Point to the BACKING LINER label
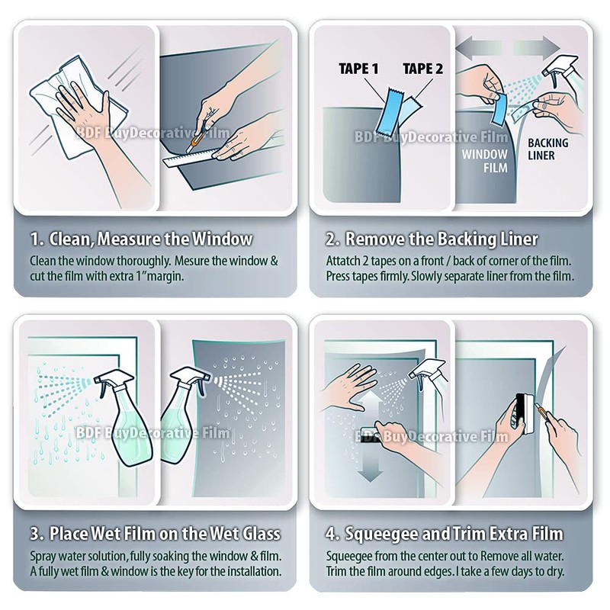click(x=547, y=149)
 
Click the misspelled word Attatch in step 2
click(x=344, y=261)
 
